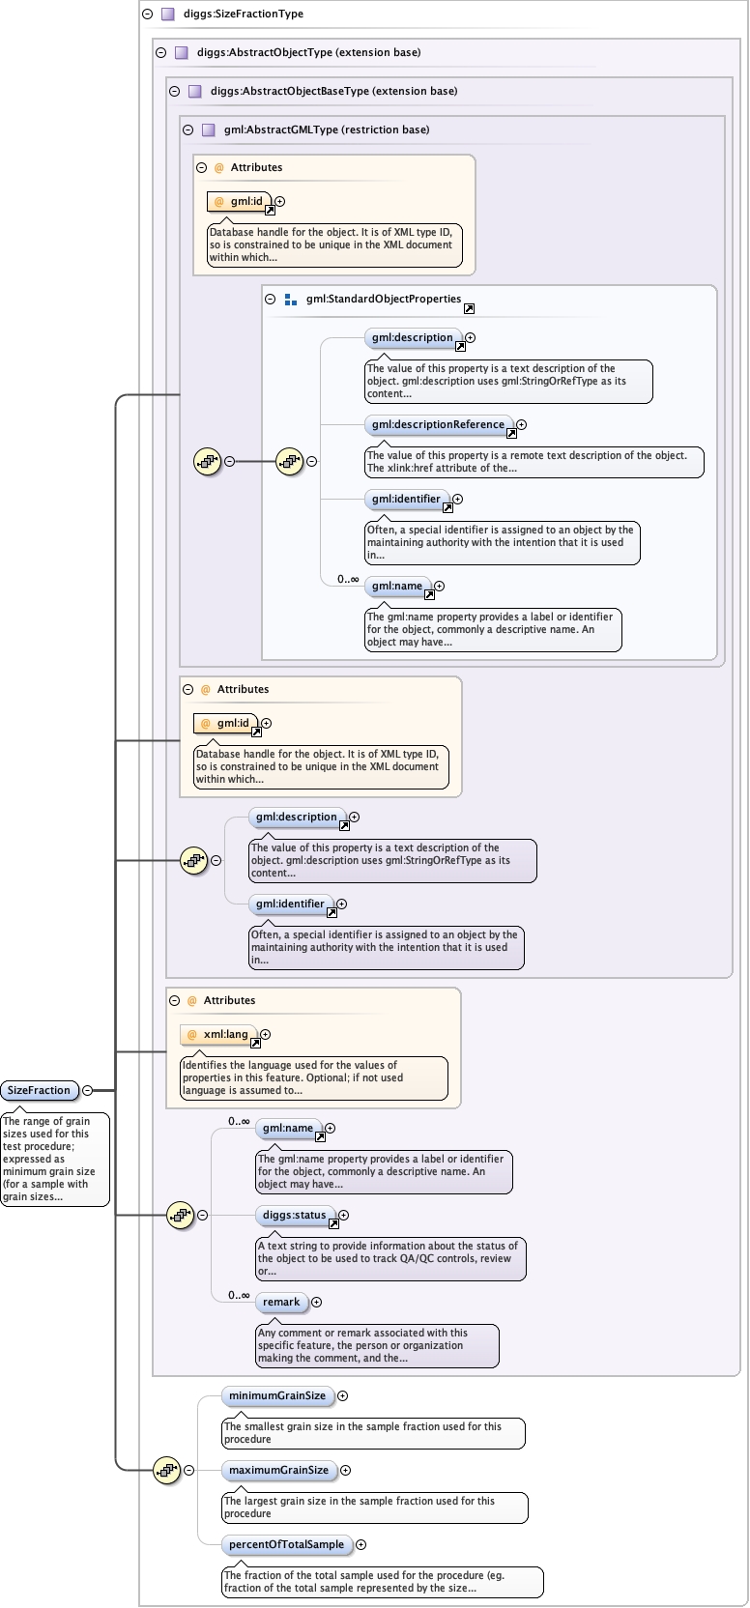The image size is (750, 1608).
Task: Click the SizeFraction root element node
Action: (39, 1090)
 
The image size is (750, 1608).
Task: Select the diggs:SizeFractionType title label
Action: (243, 14)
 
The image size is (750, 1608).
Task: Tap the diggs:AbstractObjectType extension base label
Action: (308, 52)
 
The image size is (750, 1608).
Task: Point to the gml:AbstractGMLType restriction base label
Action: (326, 129)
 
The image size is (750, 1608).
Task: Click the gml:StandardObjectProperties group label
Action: (383, 299)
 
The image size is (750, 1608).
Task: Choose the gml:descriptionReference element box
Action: (438, 424)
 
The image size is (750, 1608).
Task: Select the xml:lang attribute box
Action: (219, 1034)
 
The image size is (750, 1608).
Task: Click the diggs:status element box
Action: (294, 1215)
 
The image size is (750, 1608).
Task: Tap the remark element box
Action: (281, 1302)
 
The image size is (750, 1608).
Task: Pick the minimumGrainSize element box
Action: (277, 1395)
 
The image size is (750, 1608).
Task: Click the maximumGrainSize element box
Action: (278, 1470)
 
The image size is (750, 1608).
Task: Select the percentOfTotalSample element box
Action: (286, 1544)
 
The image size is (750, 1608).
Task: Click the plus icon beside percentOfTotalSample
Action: (361, 1544)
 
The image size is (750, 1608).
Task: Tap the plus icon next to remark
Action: (316, 1302)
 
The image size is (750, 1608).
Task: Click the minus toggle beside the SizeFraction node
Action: (87, 1090)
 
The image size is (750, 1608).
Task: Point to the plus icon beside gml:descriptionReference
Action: (521, 424)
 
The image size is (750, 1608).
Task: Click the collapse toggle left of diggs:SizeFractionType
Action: (147, 14)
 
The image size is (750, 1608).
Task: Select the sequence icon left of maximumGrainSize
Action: (167, 1470)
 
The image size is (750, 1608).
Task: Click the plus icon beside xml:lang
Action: (265, 1034)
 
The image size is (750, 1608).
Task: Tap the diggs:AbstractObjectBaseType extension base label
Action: (333, 91)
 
